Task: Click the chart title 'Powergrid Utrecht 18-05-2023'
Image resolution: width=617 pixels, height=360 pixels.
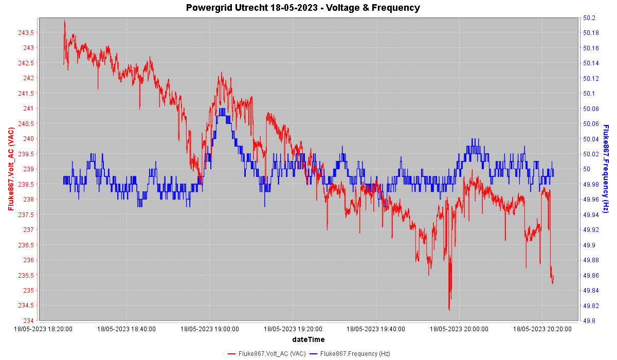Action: point(303,8)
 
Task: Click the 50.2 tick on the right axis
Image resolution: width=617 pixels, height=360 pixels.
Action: point(589,18)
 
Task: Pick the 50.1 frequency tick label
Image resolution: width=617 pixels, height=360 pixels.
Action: point(589,94)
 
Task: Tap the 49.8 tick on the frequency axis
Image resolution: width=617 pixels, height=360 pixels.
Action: point(589,321)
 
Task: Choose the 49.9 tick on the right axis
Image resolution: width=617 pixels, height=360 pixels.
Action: point(589,245)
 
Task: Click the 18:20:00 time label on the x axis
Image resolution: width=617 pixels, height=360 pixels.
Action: point(43,329)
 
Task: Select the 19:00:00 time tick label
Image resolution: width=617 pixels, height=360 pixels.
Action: point(209,329)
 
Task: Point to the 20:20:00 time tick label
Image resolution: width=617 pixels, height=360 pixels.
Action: point(542,329)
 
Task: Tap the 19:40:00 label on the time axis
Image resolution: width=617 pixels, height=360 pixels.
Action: point(376,329)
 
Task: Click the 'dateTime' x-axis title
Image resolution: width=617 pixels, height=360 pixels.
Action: point(308,339)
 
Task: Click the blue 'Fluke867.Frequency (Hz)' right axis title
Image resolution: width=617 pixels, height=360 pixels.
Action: point(606,169)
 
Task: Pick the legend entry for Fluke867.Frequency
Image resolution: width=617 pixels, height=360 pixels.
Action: point(355,354)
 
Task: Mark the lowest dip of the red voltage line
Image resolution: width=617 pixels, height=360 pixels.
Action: point(449,310)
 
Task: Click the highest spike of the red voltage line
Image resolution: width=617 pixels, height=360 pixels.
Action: point(64,21)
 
